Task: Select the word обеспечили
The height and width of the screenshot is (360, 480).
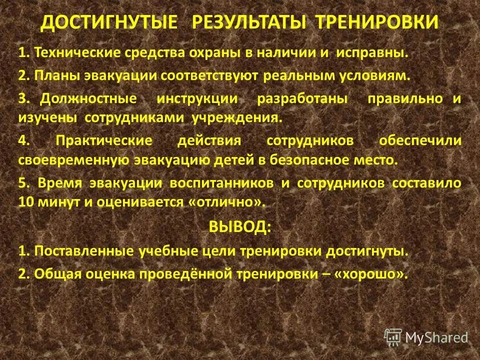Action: (x=420, y=141)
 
